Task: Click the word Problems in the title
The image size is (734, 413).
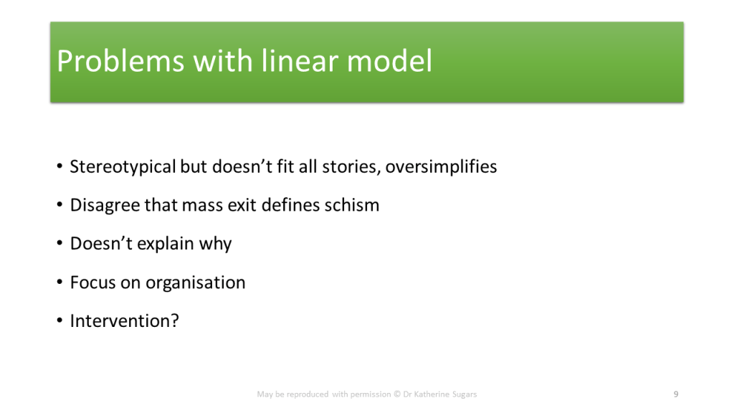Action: tap(120, 62)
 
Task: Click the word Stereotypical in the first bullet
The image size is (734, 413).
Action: tap(123, 167)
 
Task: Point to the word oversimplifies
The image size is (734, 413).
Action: tap(441, 166)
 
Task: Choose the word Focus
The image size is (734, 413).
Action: tap(92, 283)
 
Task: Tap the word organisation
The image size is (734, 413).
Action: tap(195, 283)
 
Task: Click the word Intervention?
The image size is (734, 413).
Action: tap(125, 321)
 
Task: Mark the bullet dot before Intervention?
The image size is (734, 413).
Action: tap(59, 321)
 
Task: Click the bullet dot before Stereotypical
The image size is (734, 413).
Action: tap(59, 166)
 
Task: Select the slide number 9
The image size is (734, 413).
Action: tap(676, 394)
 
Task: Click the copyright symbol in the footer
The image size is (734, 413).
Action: tap(397, 394)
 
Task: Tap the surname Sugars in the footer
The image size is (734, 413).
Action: tap(464, 395)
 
